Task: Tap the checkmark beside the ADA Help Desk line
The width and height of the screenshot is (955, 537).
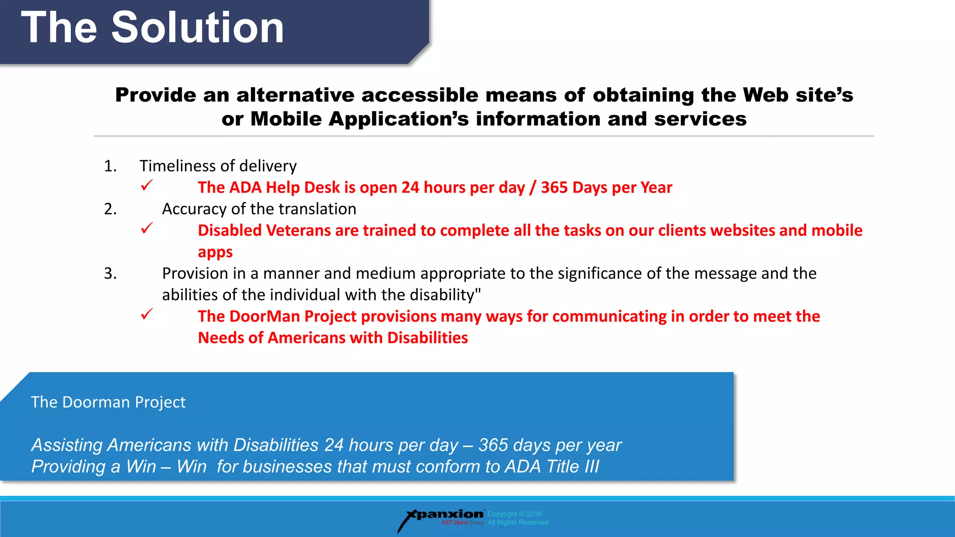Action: [x=146, y=186]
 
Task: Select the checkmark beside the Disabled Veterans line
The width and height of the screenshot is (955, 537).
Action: [x=146, y=228]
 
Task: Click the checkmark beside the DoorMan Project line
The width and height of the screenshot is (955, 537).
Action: [x=146, y=314]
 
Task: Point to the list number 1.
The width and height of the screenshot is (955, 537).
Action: [x=110, y=166]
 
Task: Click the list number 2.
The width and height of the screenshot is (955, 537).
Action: [x=110, y=209]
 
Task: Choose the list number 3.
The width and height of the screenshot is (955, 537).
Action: [x=110, y=273]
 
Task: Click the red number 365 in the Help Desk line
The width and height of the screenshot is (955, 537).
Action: [x=554, y=187]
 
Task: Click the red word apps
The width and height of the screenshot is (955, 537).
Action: [x=215, y=252]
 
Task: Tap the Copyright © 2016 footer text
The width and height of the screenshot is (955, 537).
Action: [x=514, y=514]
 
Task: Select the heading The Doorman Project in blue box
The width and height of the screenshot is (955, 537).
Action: [x=108, y=402]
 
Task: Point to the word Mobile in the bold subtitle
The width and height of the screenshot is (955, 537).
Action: [x=286, y=119]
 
